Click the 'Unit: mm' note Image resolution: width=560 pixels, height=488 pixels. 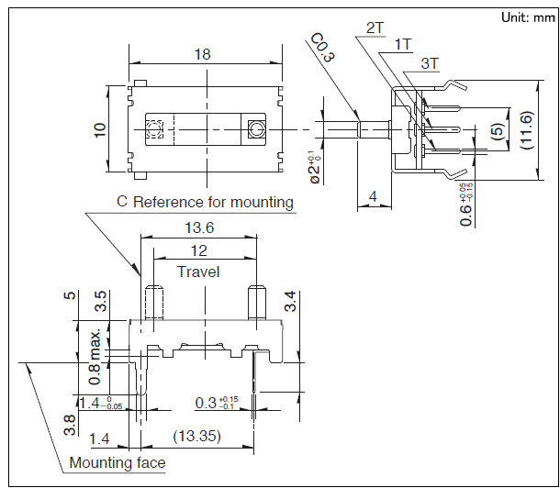click(x=522, y=17)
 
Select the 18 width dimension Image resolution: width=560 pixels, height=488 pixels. click(x=203, y=54)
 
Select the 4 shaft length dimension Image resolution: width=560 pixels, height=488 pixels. click(x=373, y=195)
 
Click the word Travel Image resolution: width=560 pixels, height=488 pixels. click(x=198, y=272)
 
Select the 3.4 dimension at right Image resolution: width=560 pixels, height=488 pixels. click(x=291, y=300)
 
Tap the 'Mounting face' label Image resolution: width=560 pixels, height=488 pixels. click(x=118, y=462)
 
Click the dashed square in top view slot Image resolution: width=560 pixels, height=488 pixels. click(x=154, y=129)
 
